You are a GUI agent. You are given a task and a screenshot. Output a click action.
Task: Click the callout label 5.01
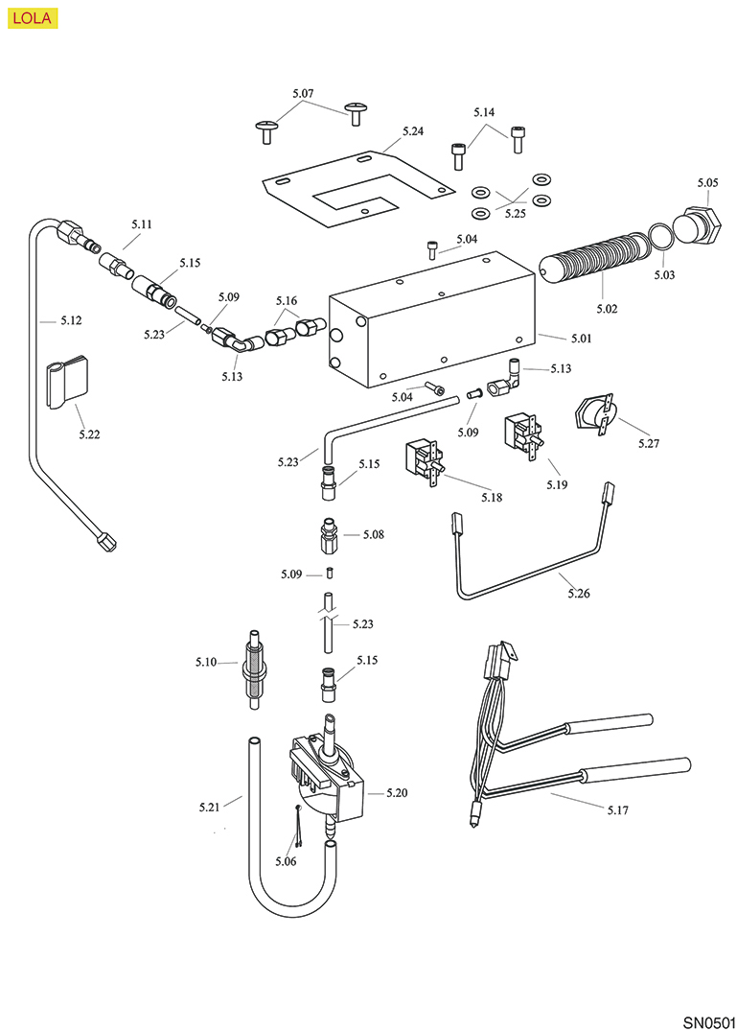582,339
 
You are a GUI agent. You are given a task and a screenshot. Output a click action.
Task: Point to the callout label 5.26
578,594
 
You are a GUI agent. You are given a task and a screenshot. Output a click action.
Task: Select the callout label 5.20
397,793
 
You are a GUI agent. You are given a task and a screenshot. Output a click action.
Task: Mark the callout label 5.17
618,810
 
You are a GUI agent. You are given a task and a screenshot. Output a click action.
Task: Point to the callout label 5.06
285,861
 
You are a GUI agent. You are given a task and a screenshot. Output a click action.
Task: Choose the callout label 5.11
142,223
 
